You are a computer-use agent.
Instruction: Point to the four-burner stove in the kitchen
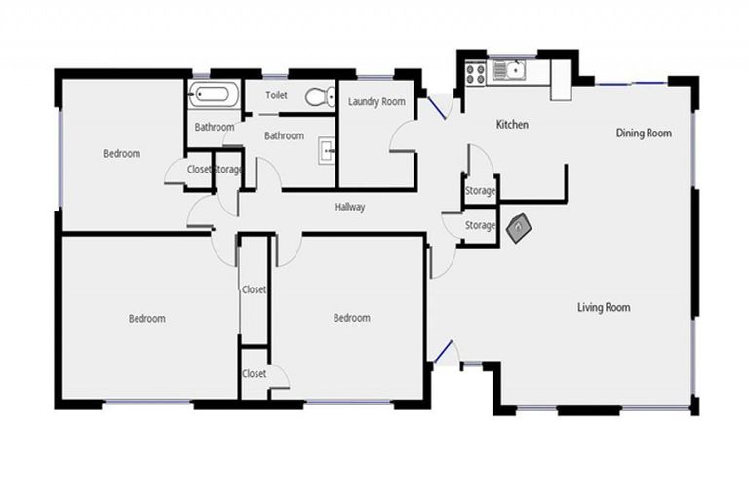click(478, 70)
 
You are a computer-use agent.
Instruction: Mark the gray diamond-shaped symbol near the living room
click(519, 226)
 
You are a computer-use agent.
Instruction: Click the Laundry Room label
click(376, 101)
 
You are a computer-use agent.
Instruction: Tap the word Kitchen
click(513, 125)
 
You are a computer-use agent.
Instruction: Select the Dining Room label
click(644, 134)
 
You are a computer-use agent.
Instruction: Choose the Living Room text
click(604, 308)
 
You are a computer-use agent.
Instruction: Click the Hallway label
click(350, 207)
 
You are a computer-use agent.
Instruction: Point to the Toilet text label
click(278, 96)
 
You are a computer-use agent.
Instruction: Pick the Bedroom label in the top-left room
click(122, 154)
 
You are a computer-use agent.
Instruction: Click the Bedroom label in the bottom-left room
click(147, 319)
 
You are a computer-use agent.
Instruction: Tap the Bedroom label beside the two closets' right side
click(351, 318)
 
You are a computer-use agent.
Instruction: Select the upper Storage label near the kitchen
click(480, 191)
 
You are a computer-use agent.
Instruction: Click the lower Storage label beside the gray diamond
click(480, 226)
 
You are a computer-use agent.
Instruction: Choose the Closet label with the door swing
click(255, 374)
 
